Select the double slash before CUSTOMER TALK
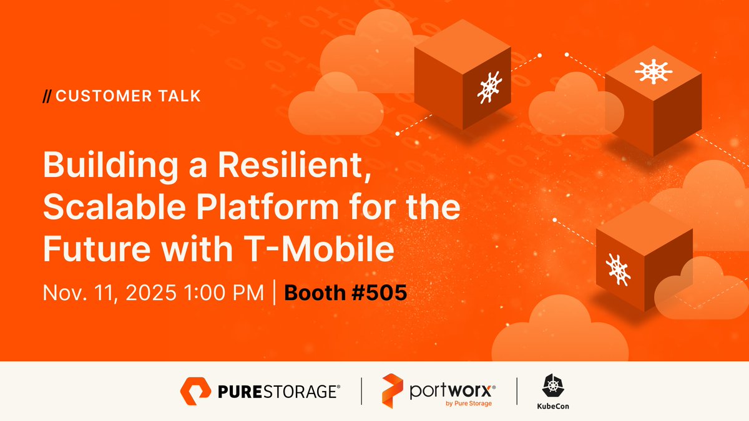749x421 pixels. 46,96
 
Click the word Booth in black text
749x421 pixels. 314,293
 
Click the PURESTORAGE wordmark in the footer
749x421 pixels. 279,392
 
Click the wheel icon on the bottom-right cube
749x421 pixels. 619,269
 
